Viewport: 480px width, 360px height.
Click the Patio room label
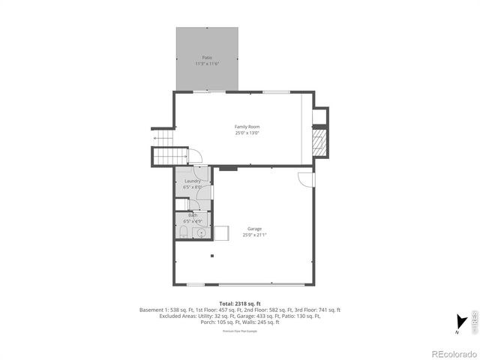coord(207,58)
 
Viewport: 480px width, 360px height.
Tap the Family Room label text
coord(247,127)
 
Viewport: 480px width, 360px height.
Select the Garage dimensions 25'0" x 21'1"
coord(255,235)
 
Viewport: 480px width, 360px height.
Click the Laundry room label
coord(192,181)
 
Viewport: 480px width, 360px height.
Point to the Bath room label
coord(193,215)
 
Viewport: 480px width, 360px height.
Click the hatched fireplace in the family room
coord(320,141)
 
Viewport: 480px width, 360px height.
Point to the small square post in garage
coord(212,256)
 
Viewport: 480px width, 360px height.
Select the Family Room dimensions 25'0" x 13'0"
coord(247,133)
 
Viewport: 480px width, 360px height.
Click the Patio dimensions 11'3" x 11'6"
coord(207,64)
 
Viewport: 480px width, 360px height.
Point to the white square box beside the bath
coord(221,232)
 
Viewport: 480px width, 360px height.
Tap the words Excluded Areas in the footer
coord(176,316)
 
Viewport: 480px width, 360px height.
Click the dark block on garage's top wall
coord(228,169)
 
